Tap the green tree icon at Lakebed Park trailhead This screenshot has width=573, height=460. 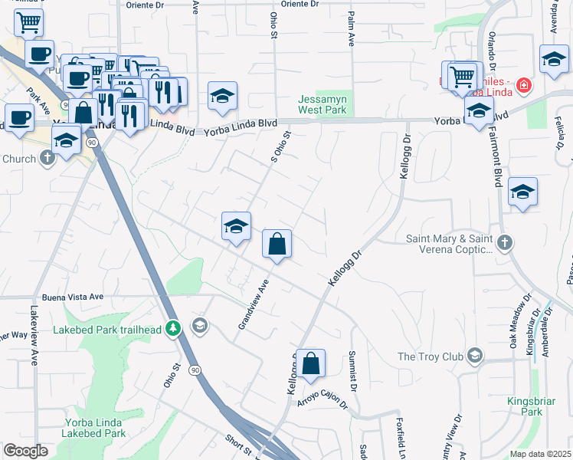point(174,328)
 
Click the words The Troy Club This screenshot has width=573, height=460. point(429,356)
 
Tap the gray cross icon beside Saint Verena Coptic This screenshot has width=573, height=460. point(504,243)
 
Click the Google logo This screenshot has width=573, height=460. point(25,450)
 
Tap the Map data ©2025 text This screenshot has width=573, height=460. point(540,454)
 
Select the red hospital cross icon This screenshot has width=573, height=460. point(524,85)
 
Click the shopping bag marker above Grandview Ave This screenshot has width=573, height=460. point(277,245)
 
